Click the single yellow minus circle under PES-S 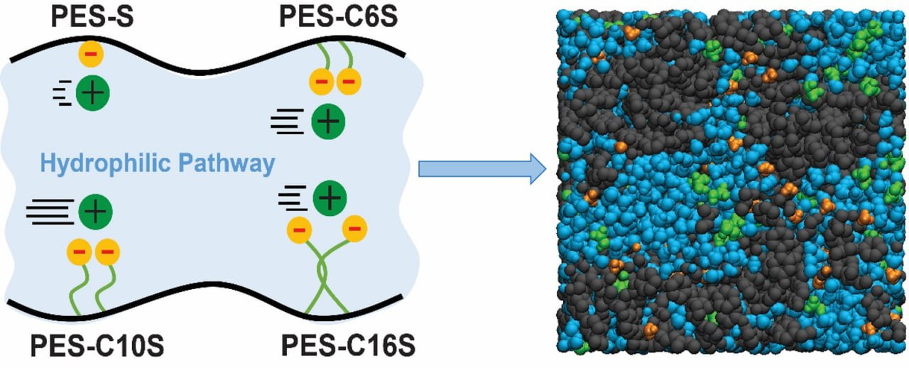[89, 54]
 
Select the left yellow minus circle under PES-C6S [321, 83]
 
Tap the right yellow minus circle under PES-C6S [347, 83]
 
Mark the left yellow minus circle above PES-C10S [80, 252]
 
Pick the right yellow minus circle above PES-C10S [107, 252]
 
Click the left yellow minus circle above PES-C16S [300, 230]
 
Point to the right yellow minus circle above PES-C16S [355, 229]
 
